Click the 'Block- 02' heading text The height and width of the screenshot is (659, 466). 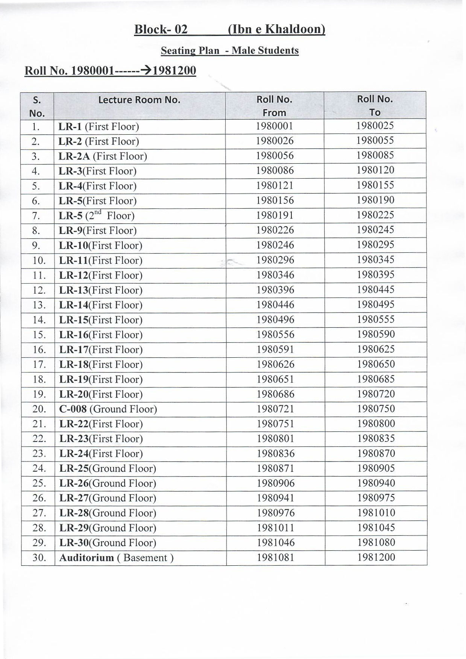(x=161, y=29)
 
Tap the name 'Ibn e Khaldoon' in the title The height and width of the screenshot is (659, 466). (x=276, y=29)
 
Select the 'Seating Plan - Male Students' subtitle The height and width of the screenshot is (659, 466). (x=229, y=51)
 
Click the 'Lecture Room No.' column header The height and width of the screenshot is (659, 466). (x=139, y=100)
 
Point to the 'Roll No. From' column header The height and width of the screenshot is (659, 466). (x=274, y=106)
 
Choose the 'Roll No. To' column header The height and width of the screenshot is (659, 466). (x=375, y=106)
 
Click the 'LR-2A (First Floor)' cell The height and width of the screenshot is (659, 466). (x=103, y=156)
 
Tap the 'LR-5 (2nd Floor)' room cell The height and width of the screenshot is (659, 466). (x=97, y=216)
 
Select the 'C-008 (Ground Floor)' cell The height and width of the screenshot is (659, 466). (x=108, y=409)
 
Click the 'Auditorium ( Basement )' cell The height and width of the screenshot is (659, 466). (x=116, y=558)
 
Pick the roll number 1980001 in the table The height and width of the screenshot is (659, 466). (x=275, y=126)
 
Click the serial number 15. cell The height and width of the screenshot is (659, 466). (x=39, y=335)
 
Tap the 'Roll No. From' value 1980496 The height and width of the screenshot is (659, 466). (x=275, y=320)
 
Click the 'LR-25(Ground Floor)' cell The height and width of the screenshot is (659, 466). (x=108, y=469)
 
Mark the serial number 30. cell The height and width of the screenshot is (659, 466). (x=39, y=558)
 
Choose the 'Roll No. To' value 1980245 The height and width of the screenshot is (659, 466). (x=375, y=230)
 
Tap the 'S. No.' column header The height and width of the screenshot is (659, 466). (x=37, y=106)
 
